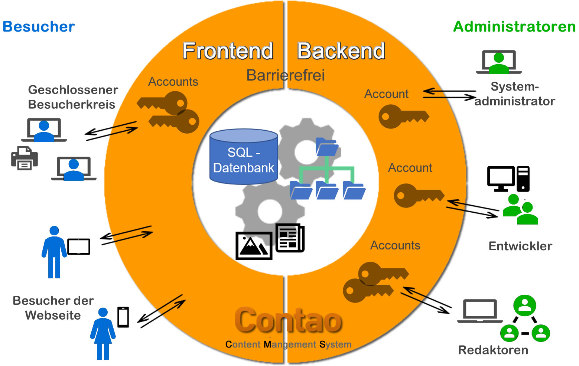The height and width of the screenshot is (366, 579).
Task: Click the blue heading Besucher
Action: click(39, 27)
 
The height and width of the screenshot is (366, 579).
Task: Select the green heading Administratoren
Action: click(514, 27)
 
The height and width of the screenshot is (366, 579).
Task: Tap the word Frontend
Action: click(228, 51)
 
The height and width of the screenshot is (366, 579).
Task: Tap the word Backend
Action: click(341, 51)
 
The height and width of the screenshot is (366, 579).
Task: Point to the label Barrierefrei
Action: click(285, 75)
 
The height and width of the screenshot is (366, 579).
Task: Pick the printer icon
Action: click(25, 158)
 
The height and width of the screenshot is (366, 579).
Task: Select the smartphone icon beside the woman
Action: click(123, 317)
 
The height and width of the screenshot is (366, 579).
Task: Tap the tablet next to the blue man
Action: click(79, 246)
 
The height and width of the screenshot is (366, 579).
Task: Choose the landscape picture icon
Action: click(254, 246)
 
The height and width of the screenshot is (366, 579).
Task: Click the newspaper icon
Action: click(290, 238)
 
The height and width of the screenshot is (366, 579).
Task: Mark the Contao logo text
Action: click(288, 320)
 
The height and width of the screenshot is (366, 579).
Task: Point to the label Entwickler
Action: click(520, 246)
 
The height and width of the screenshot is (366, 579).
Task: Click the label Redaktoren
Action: click(493, 350)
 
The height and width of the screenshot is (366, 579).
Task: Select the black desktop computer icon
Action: click(508, 179)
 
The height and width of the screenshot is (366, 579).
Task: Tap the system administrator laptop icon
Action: click(499, 62)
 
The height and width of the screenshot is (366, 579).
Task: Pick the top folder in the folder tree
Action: click(326, 147)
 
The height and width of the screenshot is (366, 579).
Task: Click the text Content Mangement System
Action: click(288, 344)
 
